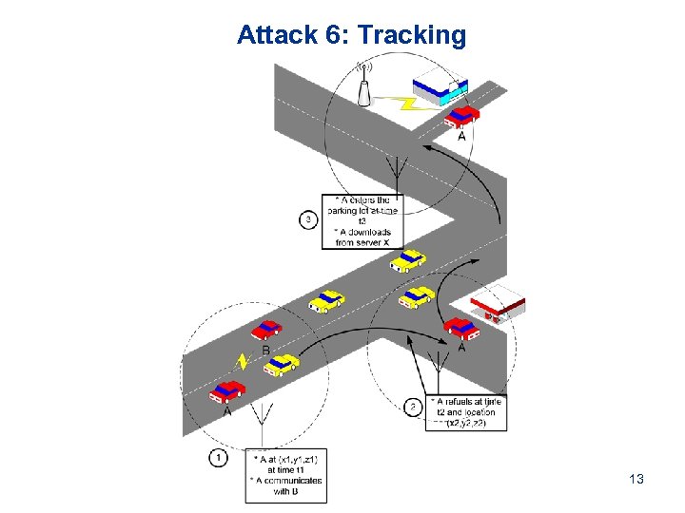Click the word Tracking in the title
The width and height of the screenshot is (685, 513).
pos(411,36)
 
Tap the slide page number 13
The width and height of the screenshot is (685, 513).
pos(636,479)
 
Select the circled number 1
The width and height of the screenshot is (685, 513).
pos(218,458)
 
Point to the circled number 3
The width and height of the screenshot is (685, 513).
pos(308,219)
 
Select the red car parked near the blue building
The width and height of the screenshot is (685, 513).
pos(461,115)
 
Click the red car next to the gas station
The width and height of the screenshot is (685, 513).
pos(461,329)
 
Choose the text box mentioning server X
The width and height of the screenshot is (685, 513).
pos(363,221)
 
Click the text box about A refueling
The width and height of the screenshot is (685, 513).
pos(466,412)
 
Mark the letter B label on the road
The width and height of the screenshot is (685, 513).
pos(265,351)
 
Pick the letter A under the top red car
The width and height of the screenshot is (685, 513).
pos(462,136)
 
